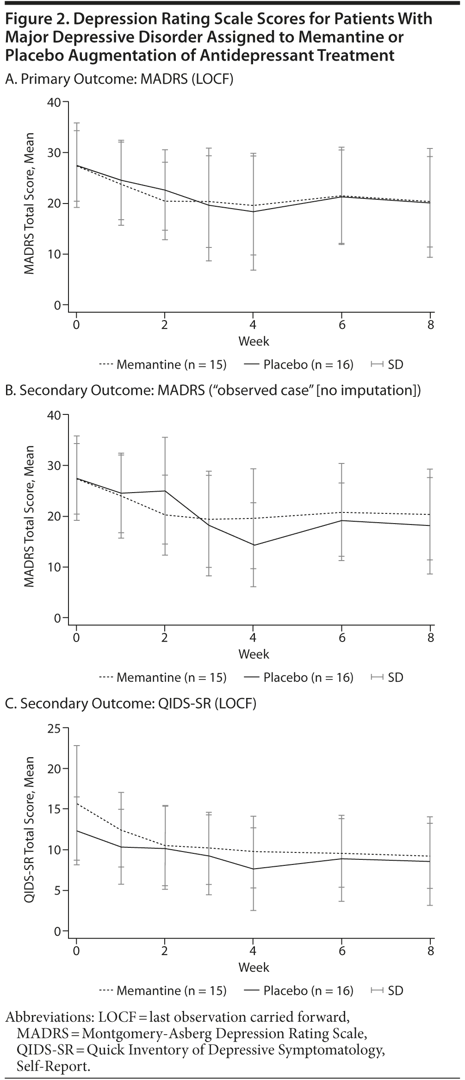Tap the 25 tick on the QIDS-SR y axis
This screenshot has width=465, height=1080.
pos(55,728)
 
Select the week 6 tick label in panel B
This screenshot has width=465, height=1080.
pos(342,637)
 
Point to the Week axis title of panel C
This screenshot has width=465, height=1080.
pos(254,967)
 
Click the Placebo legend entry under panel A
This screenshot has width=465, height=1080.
pos(298,364)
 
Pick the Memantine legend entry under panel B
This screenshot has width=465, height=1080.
pos(163,678)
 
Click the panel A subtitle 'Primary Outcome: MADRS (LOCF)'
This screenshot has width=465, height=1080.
pos(119,79)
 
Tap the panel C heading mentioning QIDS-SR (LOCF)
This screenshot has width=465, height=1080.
pos(130,704)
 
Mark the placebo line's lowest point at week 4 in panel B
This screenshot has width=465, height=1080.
pos(253,545)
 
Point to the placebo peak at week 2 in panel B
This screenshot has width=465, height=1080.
pos(165,491)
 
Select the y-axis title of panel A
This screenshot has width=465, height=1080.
pos(30,204)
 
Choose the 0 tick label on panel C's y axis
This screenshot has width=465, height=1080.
pos(57,931)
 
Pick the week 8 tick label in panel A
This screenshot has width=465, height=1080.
pos(431,324)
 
